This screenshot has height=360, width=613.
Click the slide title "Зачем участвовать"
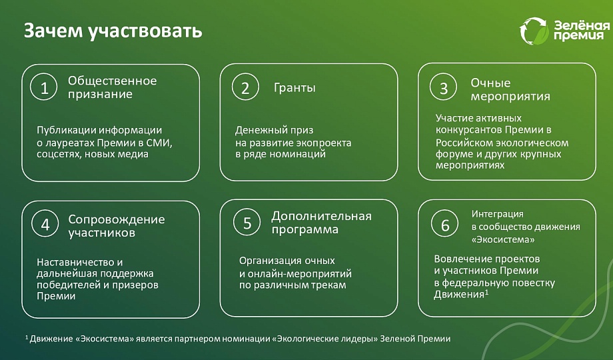(x=113, y=31)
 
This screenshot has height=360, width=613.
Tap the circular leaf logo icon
(x=534, y=31)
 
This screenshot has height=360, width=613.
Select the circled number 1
(x=44, y=87)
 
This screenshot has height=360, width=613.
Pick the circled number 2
(x=245, y=87)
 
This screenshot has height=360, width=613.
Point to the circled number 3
(x=443, y=87)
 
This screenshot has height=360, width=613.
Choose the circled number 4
(x=45, y=223)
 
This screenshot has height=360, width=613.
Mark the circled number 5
(x=247, y=222)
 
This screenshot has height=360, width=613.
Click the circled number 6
(x=445, y=224)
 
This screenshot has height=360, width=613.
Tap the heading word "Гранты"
(x=295, y=87)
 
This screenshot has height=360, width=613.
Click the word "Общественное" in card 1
(x=112, y=81)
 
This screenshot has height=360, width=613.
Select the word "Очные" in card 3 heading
(x=490, y=83)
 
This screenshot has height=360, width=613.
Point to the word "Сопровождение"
(x=117, y=219)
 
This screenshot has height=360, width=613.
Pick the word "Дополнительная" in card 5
(x=321, y=217)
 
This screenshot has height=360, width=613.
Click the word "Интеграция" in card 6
(x=497, y=215)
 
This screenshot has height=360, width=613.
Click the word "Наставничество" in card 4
(x=75, y=262)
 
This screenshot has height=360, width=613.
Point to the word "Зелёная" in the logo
(x=582, y=25)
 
